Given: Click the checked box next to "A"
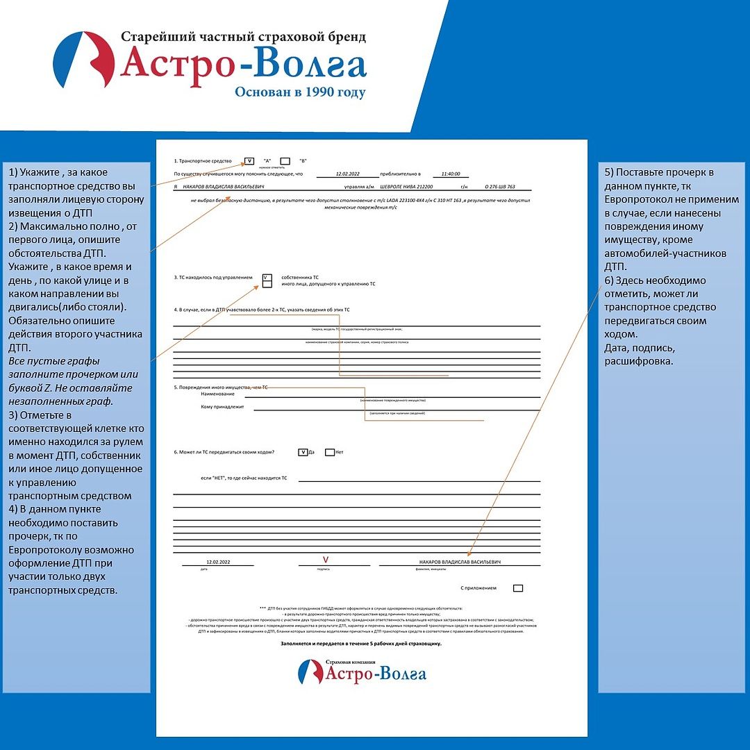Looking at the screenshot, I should click(249, 161).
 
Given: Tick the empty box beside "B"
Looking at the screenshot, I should click(285, 161).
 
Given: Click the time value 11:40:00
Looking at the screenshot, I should click(451, 174).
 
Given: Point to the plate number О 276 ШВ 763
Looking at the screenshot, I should click(500, 187).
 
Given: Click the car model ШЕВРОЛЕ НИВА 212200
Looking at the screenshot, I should click(406, 187).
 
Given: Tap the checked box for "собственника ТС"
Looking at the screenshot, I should click(267, 276).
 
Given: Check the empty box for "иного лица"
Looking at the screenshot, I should click(267, 284).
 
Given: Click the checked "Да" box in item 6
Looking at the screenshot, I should click(303, 452).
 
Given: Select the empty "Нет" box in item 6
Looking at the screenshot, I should click(329, 452).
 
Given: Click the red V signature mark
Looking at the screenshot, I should click(324, 559).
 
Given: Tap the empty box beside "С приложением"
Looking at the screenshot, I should click(518, 588).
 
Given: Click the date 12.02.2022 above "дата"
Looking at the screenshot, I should click(218, 561).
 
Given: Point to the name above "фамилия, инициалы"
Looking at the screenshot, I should click(460, 561).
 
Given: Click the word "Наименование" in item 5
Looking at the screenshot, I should click(217, 394).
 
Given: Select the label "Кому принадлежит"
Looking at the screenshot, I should click(222, 407).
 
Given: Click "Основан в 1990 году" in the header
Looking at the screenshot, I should click(300, 92).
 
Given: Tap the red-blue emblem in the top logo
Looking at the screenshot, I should click(83, 60).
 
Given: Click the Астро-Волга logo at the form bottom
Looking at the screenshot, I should click(362, 672).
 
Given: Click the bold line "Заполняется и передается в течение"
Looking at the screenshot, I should click(361, 644).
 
